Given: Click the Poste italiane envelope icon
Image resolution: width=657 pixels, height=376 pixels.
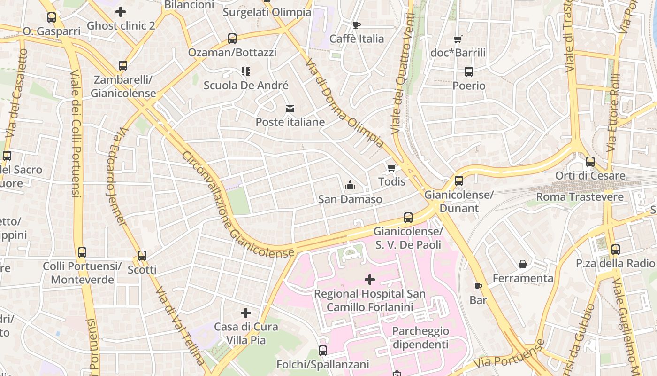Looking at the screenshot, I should pyautogui.click(x=290, y=109).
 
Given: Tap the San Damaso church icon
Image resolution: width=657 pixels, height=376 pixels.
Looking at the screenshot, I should pyautogui.click(x=350, y=186).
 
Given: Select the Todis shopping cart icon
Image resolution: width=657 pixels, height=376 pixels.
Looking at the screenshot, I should pyautogui.click(x=392, y=168).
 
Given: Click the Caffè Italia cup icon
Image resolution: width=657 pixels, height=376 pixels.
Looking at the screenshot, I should pyautogui.click(x=357, y=25).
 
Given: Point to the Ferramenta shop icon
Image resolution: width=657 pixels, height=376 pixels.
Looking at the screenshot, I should pyautogui.click(x=523, y=265).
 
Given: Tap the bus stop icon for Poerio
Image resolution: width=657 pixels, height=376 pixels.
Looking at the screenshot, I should pyautogui.click(x=468, y=72).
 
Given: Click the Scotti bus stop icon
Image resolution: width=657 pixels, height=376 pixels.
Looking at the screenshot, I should pyautogui.click(x=142, y=256).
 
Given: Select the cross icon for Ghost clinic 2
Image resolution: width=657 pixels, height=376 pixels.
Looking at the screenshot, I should pyautogui.click(x=121, y=12).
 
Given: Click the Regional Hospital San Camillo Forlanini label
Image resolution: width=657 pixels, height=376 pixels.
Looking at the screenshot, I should pyautogui.click(x=370, y=300).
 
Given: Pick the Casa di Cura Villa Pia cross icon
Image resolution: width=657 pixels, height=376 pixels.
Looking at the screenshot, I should pyautogui.click(x=246, y=313).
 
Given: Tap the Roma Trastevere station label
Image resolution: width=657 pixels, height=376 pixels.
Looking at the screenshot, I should pyautogui.click(x=580, y=196).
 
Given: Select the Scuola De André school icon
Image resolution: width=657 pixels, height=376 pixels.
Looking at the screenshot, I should pyautogui.click(x=246, y=71).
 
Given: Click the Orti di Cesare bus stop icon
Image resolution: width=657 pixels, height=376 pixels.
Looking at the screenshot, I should pyautogui.click(x=590, y=162).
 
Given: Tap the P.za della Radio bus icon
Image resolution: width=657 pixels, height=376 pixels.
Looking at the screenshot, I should pyautogui.click(x=615, y=250).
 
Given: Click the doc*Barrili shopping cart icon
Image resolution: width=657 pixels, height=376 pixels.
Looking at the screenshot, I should pyautogui.click(x=458, y=39).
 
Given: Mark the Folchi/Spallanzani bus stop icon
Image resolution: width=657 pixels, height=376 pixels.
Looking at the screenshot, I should pyautogui.click(x=323, y=350).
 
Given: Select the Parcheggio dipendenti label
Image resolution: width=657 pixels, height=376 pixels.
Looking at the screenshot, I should pyautogui.click(x=420, y=337).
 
